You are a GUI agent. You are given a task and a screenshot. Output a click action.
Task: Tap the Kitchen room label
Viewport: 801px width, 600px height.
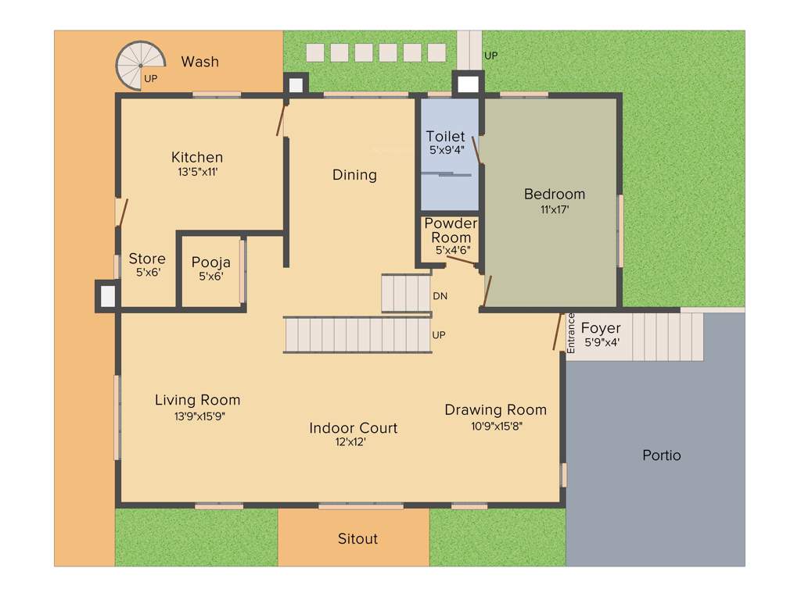click(x=197, y=157)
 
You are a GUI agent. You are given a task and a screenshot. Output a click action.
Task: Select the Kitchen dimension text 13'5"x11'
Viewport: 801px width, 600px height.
click(x=197, y=173)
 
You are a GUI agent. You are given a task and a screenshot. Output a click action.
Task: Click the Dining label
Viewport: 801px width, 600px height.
click(x=354, y=175)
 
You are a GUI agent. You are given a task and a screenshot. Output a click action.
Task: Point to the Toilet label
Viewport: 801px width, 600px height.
click(x=445, y=137)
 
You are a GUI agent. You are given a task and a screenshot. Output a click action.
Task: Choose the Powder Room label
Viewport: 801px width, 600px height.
click(x=451, y=230)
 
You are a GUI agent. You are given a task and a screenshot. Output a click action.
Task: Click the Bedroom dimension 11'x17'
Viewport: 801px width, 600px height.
click(x=554, y=209)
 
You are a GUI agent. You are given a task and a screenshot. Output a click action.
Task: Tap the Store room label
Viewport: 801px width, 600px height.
click(x=147, y=259)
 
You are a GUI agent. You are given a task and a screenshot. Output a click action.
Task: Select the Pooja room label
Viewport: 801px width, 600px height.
click(x=210, y=262)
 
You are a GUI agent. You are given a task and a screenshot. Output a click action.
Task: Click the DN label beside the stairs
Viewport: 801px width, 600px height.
click(x=440, y=296)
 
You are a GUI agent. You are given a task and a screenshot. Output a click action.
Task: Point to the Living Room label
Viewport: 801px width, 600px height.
click(x=197, y=400)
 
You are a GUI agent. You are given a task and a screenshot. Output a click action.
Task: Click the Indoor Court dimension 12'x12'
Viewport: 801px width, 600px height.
click(x=353, y=442)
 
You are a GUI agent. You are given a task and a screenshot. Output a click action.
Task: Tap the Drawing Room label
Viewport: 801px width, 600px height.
click(x=495, y=409)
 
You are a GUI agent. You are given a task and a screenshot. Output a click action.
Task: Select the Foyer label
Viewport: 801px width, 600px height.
click(x=601, y=329)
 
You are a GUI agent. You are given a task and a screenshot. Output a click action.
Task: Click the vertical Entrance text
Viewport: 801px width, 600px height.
click(x=571, y=334)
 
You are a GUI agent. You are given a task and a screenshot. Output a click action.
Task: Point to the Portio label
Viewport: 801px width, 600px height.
click(x=661, y=455)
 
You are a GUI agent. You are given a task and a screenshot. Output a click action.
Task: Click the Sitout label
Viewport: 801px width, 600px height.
click(x=357, y=538)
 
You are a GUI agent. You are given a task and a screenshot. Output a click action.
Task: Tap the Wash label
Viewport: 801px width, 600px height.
click(x=200, y=62)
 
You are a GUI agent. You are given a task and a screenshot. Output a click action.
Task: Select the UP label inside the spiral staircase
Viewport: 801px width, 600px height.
click(x=151, y=79)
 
